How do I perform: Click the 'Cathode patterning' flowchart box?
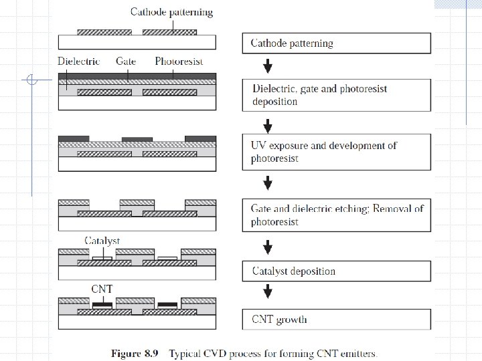[x=336, y=43]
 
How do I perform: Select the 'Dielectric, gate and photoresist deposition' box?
[x=336, y=95]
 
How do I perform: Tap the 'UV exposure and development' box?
[x=336, y=152]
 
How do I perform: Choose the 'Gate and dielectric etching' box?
[x=336, y=215]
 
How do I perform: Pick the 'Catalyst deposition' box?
[x=336, y=271]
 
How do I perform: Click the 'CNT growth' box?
[x=336, y=318]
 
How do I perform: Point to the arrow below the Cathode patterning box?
[x=268, y=66]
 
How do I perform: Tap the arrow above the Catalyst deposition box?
[x=268, y=248]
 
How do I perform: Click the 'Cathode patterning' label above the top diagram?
[x=171, y=12]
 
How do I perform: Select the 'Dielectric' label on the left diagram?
[x=79, y=62]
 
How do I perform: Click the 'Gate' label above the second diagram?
[x=126, y=62]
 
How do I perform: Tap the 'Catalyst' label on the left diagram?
[x=102, y=241]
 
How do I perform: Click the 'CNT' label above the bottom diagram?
[x=102, y=289]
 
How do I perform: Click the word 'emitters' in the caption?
[x=357, y=353]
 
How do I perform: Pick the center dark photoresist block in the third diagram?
[x=137, y=139]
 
